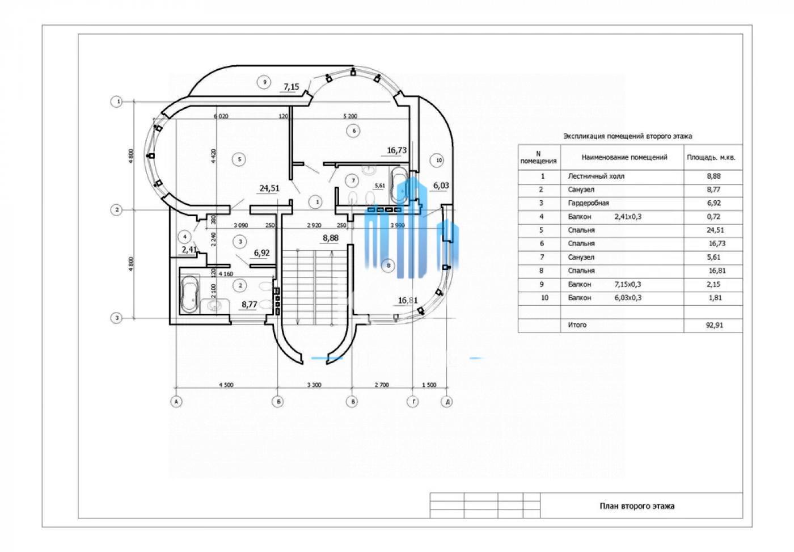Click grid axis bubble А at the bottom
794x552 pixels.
coord(176,402)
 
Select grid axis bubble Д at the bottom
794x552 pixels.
coord(447,402)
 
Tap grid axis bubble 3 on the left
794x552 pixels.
coord(116,318)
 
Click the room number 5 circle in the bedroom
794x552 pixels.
coord(240,159)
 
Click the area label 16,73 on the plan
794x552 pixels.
coord(397,150)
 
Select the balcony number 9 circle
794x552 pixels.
coord(264,82)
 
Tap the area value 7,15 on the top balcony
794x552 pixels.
coord(292,87)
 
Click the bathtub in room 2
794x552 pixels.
coord(189,293)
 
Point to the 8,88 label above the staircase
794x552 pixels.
coord(331,238)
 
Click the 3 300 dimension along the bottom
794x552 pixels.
coord(314,385)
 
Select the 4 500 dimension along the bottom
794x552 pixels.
coord(226,385)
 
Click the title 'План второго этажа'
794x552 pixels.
coord(637,506)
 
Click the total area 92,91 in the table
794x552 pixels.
coord(715,325)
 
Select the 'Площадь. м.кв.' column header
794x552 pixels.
coord(711,157)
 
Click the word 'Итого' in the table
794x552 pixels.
coord(577,325)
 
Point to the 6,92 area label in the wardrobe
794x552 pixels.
coord(261,253)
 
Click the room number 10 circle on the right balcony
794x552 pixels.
coord(439,161)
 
